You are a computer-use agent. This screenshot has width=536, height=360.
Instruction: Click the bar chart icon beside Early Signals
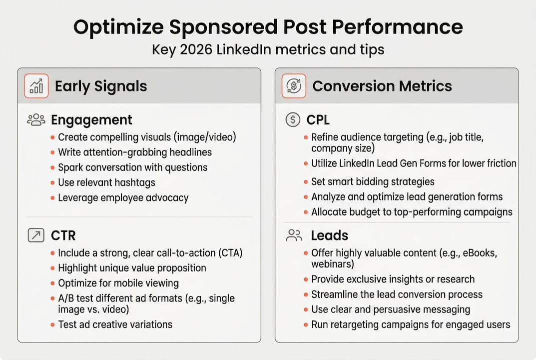[36, 86]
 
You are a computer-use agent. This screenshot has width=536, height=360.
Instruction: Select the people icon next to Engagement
[36, 120]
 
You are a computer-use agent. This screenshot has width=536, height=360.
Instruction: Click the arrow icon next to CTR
[36, 235]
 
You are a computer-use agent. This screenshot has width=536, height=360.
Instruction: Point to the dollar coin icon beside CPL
[292, 120]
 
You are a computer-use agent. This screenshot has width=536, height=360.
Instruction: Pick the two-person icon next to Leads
[294, 235]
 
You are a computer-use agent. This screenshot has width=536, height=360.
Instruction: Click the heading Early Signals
[101, 86]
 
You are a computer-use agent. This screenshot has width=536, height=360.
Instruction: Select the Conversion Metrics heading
[382, 86]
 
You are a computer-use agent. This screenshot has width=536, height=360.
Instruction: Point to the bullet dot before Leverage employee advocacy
[52, 198]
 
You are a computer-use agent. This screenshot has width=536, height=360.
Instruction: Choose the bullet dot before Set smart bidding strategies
[305, 182]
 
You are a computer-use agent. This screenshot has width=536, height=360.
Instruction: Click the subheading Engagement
[91, 120]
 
